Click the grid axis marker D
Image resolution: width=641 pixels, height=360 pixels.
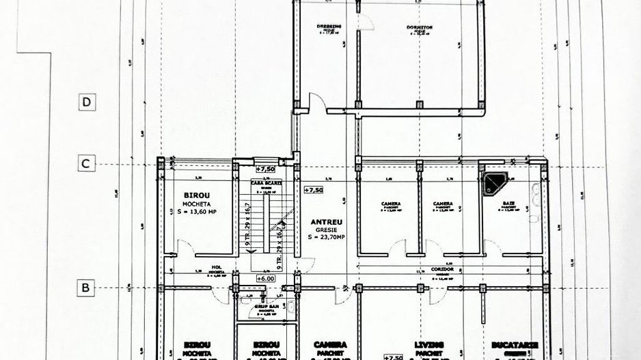click(86, 102)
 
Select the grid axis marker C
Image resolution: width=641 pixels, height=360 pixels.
click(86, 164)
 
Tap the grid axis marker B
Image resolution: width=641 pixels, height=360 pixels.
click(86, 288)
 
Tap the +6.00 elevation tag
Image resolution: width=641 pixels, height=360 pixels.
click(265, 279)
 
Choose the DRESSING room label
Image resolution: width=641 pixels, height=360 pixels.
click(328, 27)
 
